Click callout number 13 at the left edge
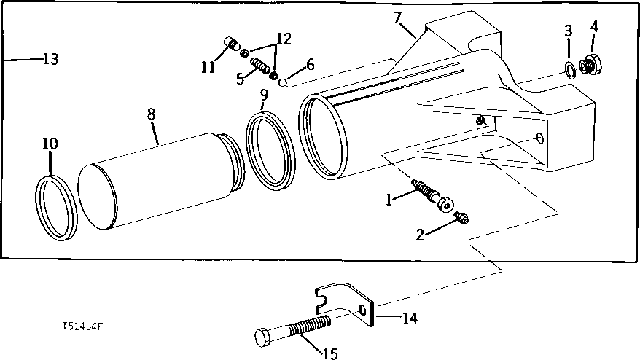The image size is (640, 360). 50,59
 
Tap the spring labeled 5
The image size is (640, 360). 260,71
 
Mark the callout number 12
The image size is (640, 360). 284,39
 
